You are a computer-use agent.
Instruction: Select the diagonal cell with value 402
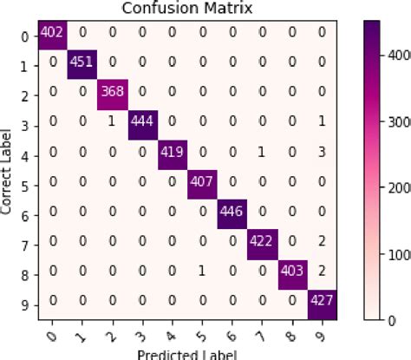pos(51,32)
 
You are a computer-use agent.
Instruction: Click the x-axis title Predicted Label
pos(184,353)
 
